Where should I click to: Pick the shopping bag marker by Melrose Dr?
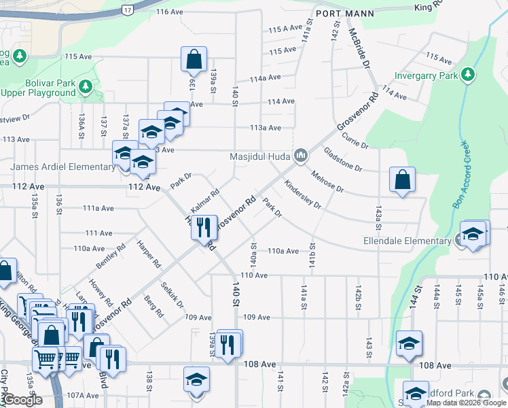[x=402, y=180]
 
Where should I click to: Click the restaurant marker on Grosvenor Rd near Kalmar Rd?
[x=204, y=228]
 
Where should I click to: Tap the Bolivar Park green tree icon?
[x=85, y=86]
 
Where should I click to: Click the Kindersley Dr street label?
[x=303, y=194]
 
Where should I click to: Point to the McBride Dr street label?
[x=359, y=46]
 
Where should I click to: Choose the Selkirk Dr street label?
[x=172, y=293]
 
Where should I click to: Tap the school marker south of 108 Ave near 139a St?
[x=196, y=379]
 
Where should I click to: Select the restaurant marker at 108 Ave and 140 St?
[x=230, y=343]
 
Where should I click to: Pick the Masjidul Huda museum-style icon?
[x=301, y=156]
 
